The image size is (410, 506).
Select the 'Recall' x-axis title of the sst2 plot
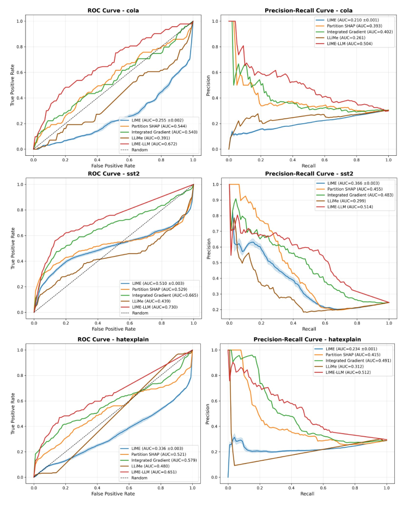(308, 329)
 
